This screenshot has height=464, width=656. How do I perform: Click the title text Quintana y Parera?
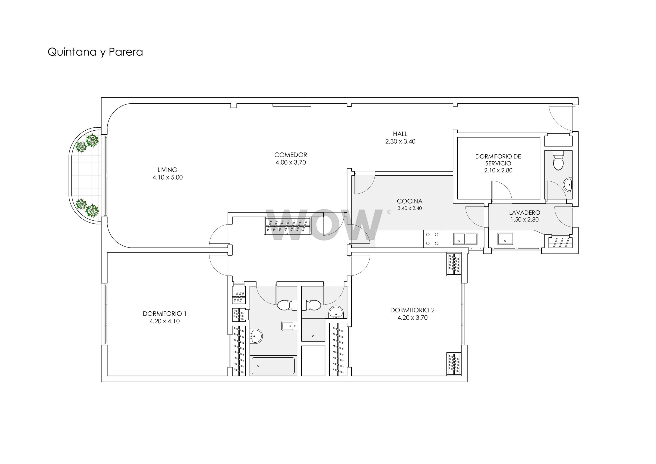tap(95, 52)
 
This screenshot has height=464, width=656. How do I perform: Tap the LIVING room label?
tap(167, 170)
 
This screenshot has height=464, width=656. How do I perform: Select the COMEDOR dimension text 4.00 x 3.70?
tap(291, 162)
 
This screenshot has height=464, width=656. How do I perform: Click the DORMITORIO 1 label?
tap(165, 314)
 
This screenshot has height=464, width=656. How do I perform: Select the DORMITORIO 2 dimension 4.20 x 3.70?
tap(412, 318)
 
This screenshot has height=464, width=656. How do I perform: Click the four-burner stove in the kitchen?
tap(432, 239)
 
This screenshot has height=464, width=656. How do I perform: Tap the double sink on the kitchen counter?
tap(465, 239)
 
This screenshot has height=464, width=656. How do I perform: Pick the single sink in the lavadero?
tap(505, 239)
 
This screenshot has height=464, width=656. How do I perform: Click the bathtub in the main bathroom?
tap(273, 366)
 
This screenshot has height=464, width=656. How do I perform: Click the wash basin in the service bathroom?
tap(568, 185)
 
